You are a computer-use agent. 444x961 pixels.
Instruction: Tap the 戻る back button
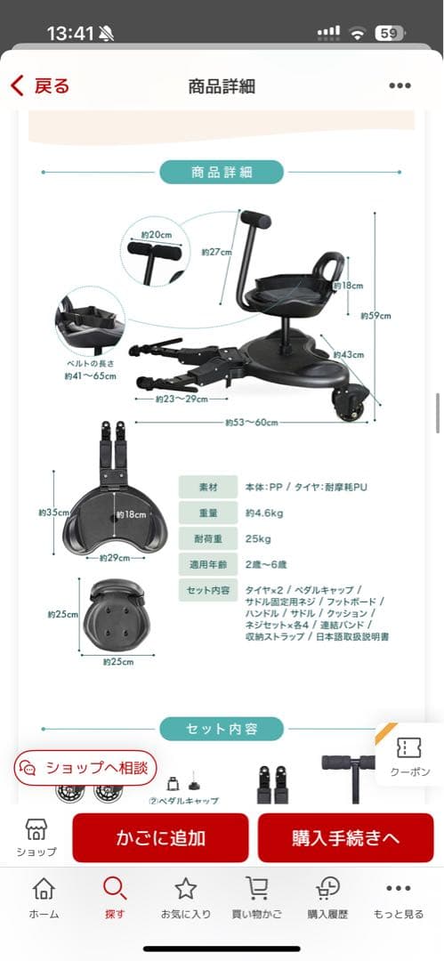point(40,85)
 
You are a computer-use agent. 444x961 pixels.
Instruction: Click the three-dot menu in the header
point(400,86)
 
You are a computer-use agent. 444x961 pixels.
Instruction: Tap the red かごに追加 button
point(160,837)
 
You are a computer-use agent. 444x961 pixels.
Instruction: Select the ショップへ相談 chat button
point(85,767)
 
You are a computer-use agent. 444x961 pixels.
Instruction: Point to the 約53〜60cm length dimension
point(252,422)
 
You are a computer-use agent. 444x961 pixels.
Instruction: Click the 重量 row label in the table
point(207,513)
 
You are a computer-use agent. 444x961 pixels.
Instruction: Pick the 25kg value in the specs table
point(259,539)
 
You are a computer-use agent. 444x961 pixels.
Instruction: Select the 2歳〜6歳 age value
point(266,564)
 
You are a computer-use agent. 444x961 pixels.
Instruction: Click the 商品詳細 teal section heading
point(222,172)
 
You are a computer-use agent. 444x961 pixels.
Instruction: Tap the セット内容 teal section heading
point(222,729)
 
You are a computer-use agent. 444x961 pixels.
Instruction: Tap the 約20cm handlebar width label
point(157,234)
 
